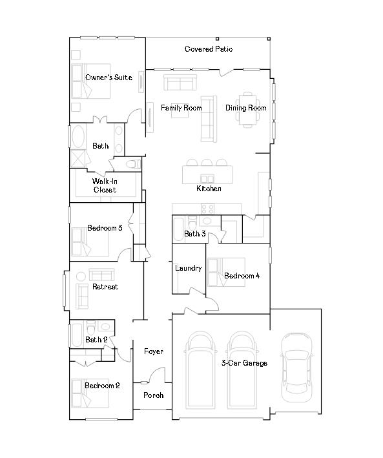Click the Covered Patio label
click(209, 49)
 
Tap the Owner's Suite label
click(109, 78)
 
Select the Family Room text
click(181, 108)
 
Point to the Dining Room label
click(245, 108)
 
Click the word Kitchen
click(209, 189)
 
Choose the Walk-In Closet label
click(104, 185)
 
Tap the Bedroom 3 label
click(105, 227)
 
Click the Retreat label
click(105, 287)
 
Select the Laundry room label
click(188, 267)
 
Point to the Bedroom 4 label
click(242, 276)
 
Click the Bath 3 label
click(194, 233)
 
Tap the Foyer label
click(153, 351)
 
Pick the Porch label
click(153, 395)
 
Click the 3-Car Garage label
click(244, 363)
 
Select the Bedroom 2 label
click(102, 386)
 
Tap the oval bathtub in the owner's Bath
click(78, 138)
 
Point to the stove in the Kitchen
click(207, 208)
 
